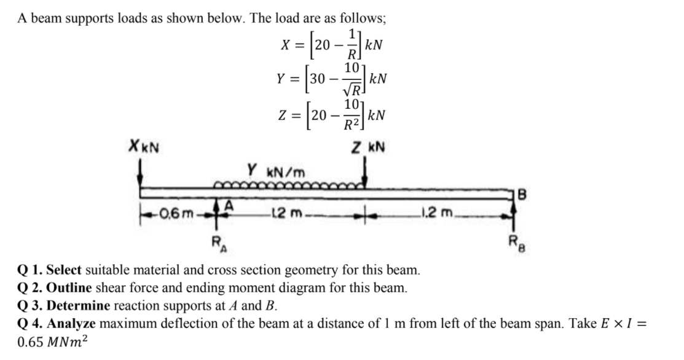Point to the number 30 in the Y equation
(318, 80)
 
